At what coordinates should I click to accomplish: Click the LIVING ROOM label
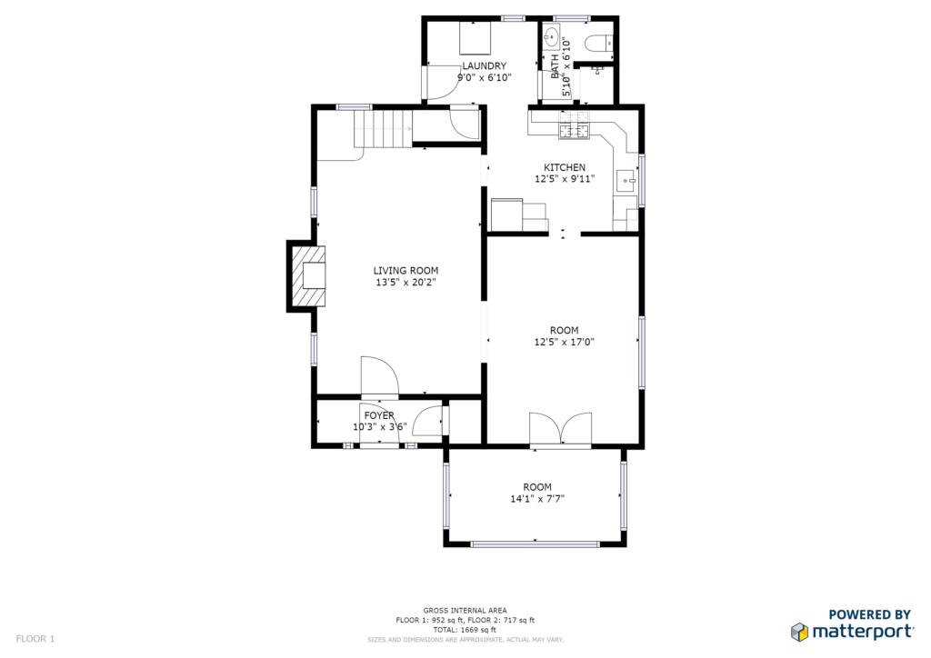[x=405, y=271]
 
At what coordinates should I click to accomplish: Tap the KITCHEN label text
[x=565, y=167]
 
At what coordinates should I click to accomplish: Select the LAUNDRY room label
[x=485, y=65]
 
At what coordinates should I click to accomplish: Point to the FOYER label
[x=379, y=415]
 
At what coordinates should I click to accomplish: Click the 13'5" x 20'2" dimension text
[x=405, y=283]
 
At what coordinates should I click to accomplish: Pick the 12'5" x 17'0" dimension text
[x=564, y=342]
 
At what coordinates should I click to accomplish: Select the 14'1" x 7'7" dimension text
[x=537, y=498]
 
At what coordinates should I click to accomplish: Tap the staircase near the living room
[x=383, y=128]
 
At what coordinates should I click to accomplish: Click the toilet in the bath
[x=598, y=44]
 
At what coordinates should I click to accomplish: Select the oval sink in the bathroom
[x=552, y=36]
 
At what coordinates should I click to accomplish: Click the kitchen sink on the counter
[x=626, y=180]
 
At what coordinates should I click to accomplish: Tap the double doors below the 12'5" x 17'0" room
[x=560, y=429]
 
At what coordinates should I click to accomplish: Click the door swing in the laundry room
[x=441, y=82]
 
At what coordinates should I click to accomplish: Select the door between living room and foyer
[x=380, y=375]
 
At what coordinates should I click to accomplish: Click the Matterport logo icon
[x=799, y=632]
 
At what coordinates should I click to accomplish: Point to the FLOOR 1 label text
[x=35, y=639]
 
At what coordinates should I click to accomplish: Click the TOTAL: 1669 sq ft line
[x=465, y=630]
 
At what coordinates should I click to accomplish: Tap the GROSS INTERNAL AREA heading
[x=465, y=611]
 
